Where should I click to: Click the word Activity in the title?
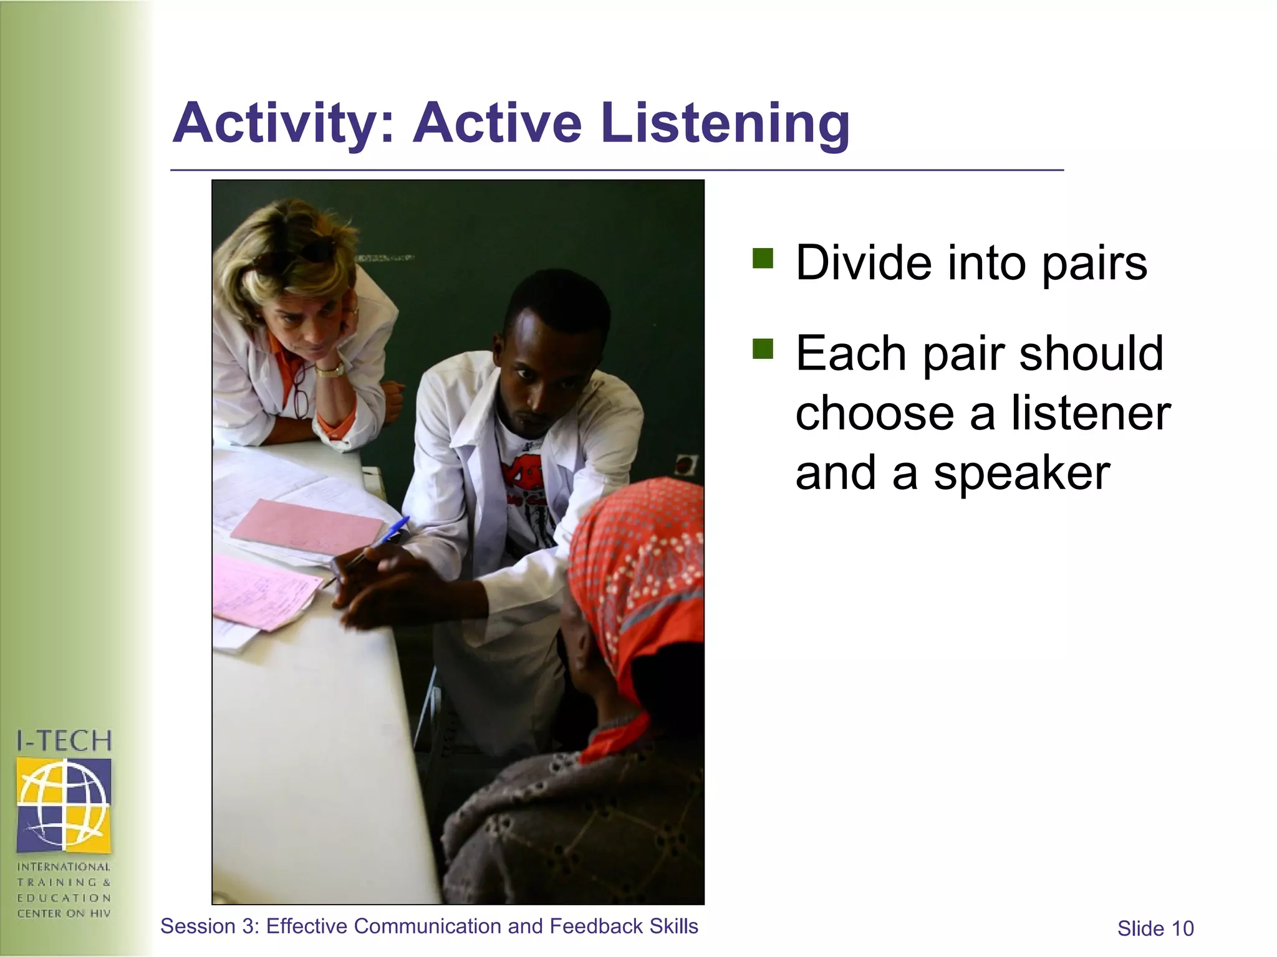point(275,123)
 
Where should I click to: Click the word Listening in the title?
point(725,124)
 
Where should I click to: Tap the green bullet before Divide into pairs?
point(762,257)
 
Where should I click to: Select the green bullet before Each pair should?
point(762,349)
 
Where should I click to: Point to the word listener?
point(1091,414)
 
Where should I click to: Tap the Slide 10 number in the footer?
point(1155,928)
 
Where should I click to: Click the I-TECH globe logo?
point(64,804)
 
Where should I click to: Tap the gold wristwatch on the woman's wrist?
point(329,370)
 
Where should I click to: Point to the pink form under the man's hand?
point(265,592)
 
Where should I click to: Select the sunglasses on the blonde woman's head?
point(312,249)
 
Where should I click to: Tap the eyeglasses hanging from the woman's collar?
point(301,389)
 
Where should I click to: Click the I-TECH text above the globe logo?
point(64,741)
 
